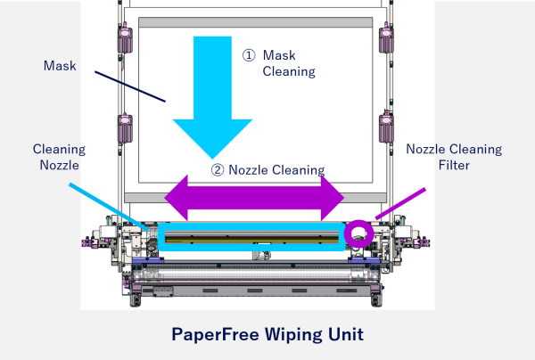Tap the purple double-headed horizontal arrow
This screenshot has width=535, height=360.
tap(254, 198)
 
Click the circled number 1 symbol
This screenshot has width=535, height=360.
tap(249, 55)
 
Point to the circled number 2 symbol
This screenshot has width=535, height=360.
tap(218, 170)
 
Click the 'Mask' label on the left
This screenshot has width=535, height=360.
tap(60, 65)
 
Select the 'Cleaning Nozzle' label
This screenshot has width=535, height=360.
tap(60, 157)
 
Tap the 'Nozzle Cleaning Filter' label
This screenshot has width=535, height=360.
tap(454, 157)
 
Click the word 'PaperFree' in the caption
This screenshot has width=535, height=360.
tap(215, 334)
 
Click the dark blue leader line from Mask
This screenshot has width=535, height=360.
tap(130, 86)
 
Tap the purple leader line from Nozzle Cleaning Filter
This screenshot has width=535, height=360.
tap(400, 203)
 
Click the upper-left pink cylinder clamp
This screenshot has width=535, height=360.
tap(125, 38)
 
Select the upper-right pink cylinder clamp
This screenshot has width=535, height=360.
tap(386, 38)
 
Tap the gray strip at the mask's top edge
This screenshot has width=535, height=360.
tap(256, 22)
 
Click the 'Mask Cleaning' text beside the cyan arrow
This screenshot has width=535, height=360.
tap(289, 63)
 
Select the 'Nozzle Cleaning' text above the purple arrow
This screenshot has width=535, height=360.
tap(276, 170)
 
